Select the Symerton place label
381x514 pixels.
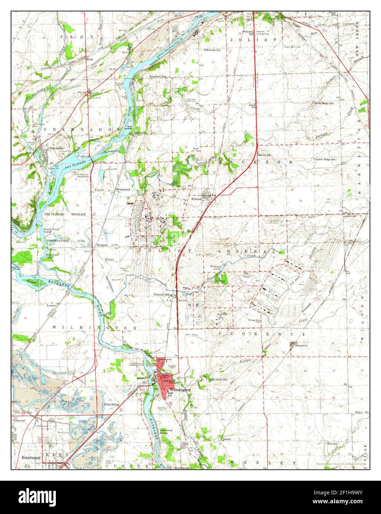301,345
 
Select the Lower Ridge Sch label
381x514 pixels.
326,159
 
